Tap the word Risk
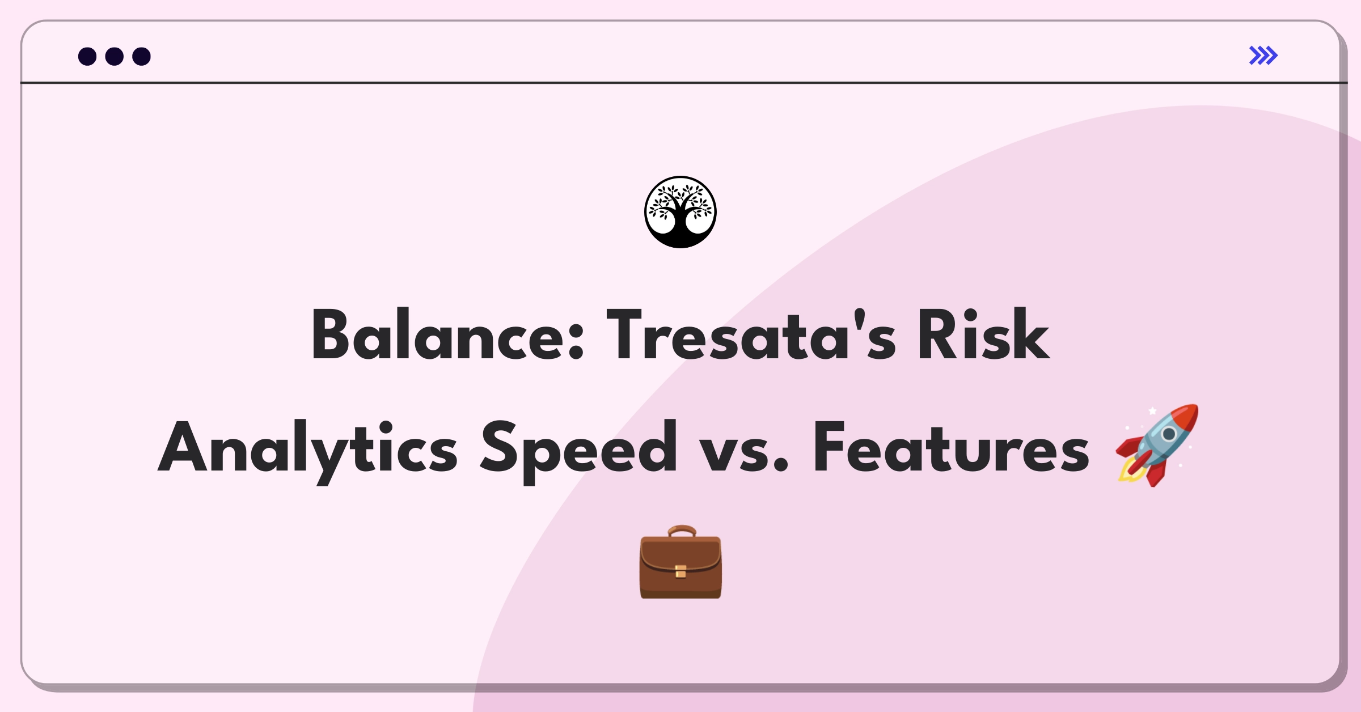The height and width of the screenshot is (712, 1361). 983,336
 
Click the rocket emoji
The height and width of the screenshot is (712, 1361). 1157,446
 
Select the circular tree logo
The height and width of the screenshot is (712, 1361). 681,212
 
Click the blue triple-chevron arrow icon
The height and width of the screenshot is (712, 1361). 1263,56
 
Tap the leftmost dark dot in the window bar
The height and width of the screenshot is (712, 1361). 87,57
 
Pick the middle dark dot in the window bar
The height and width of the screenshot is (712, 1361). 115,57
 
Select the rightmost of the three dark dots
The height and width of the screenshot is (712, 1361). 142,57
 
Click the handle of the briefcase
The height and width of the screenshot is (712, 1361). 682,531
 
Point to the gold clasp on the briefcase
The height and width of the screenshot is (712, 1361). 681,571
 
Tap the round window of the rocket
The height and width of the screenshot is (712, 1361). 1169,434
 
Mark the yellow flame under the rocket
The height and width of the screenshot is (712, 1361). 1128,473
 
